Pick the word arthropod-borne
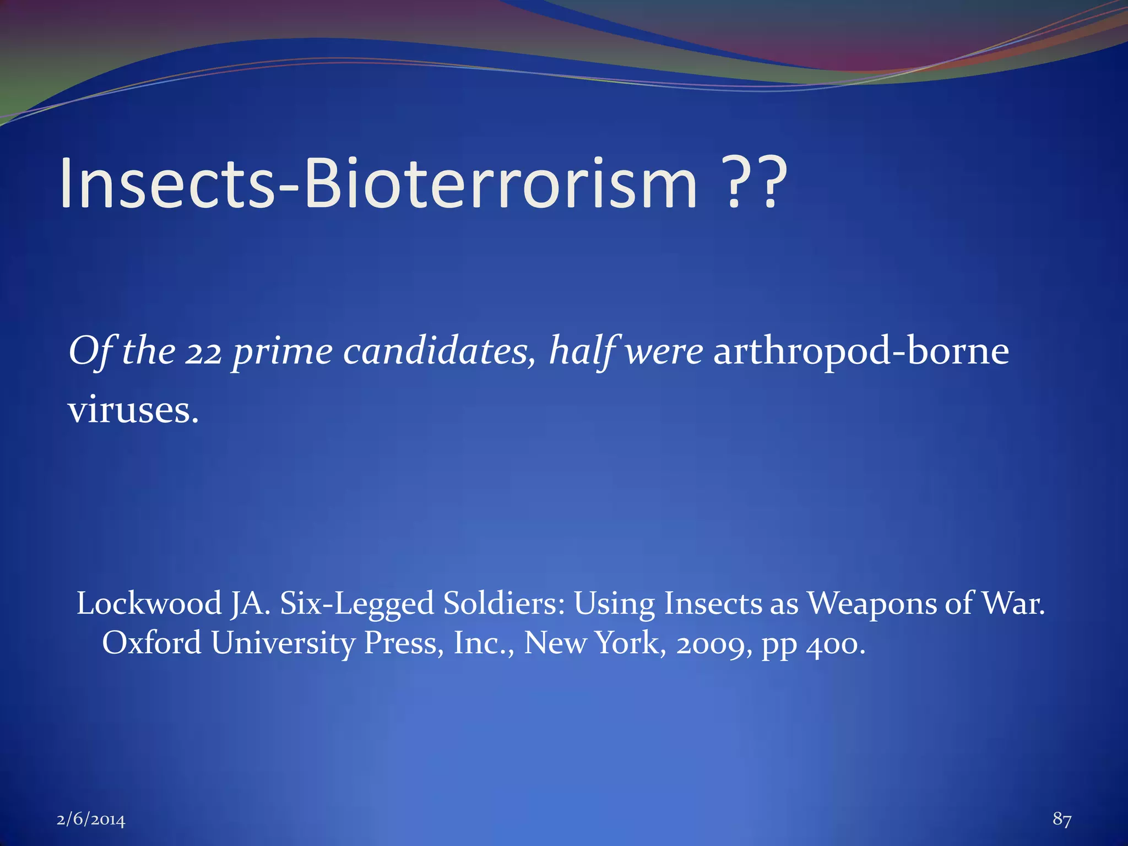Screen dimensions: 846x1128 pos(861,351)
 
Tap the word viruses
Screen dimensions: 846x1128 pos(133,410)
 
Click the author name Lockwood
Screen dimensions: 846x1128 pos(149,603)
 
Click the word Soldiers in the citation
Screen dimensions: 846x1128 pos(504,603)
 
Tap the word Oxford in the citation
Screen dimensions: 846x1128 pos(151,643)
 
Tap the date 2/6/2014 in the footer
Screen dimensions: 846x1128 pos(91,820)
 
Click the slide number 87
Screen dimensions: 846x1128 pos(1062,819)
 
